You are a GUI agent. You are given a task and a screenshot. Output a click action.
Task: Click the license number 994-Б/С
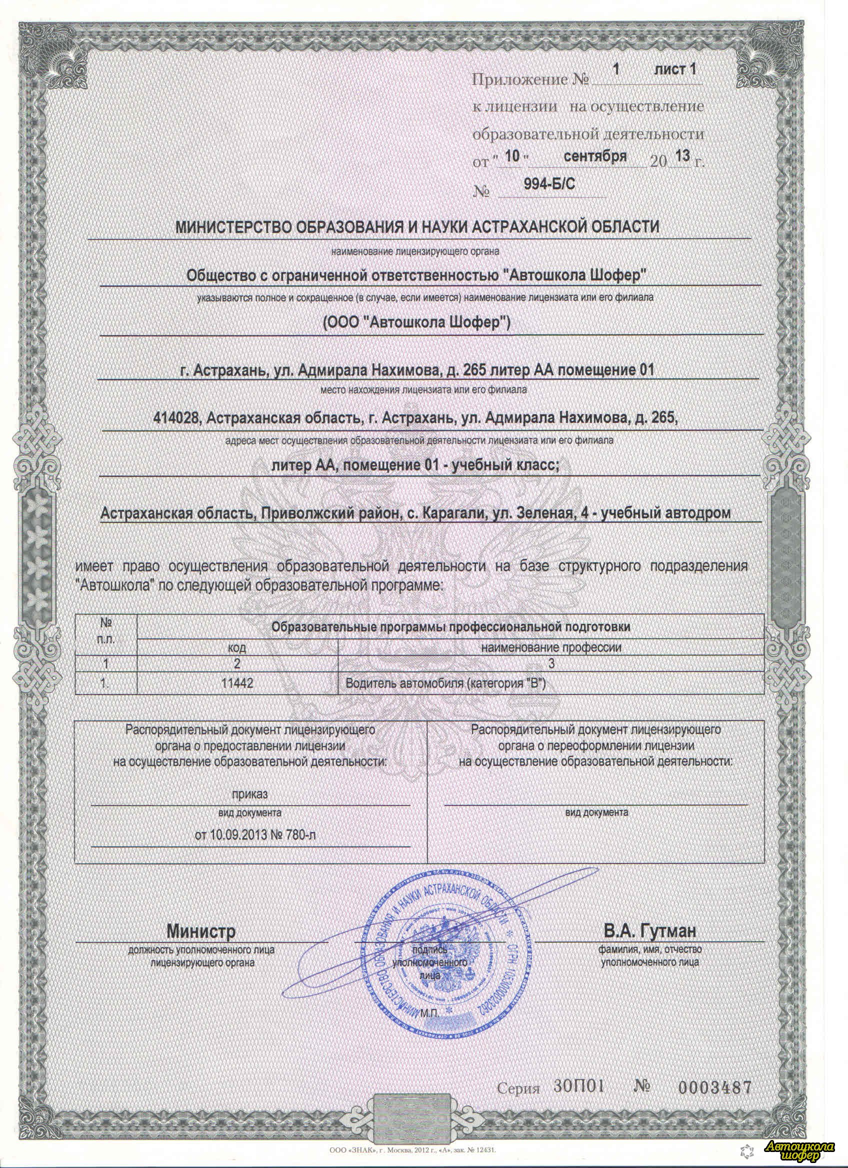click(x=549, y=184)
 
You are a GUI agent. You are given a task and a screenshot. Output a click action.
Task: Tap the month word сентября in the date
click(x=594, y=156)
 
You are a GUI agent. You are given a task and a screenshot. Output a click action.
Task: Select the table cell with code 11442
click(x=236, y=683)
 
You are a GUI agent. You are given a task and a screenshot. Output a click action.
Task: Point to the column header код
click(x=236, y=648)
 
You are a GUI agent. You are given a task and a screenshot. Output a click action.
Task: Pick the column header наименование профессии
click(x=550, y=648)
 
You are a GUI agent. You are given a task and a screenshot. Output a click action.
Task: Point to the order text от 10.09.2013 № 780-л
click(x=255, y=834)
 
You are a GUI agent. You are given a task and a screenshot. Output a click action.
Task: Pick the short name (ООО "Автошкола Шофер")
click(x=416, y=323)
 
